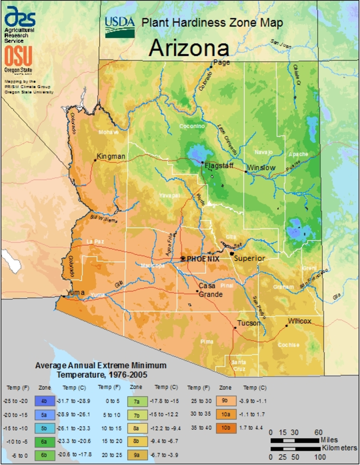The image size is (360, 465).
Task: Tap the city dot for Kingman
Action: point(95,160)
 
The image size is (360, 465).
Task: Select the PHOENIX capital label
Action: point(203,258)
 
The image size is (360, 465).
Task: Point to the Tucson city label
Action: point(249,323)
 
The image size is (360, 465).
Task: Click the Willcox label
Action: point(299,321)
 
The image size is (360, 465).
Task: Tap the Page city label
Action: point(221,62)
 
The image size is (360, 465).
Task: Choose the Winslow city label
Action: point(261,167)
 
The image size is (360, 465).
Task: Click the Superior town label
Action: point(250,258)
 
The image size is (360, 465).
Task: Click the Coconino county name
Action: point(191,126)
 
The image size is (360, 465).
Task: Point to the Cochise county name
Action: point(288,344)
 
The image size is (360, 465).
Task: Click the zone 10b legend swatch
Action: point(225,428)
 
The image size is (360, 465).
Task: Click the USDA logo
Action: point(120,27)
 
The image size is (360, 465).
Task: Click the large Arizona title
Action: point(189,48)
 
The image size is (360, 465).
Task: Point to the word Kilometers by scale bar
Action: point(339,448)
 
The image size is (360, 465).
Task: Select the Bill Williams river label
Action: point(103,220)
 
